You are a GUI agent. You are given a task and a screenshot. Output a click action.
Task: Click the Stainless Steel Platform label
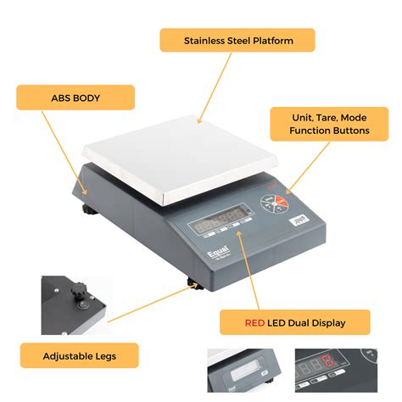click(x=237, y=40)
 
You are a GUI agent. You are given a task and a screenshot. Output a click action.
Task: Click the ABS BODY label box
click(x=75, y=98)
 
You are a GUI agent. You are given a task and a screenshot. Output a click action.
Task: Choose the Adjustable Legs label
click(x=80, y=355)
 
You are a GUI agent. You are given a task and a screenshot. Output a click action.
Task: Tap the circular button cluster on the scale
click(x=272, y=202)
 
